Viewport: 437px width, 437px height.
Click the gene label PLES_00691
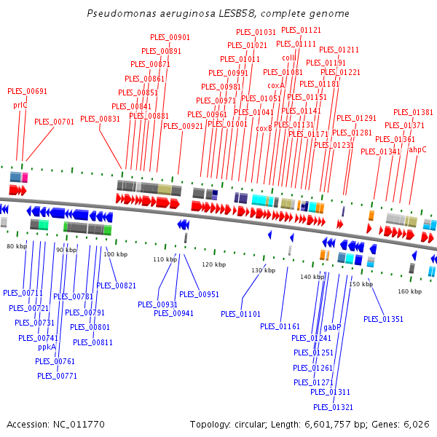tap(27, 92)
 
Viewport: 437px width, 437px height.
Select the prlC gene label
tap(20, 105)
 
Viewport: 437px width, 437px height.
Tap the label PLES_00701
tap(54, 122)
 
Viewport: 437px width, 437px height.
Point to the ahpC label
tap(417, 149)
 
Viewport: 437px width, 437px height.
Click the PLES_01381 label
tap(413, 112)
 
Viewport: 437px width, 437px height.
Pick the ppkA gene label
tap(47, 347)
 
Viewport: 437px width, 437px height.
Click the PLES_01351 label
tap(383, 319)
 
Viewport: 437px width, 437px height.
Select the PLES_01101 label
tap(240, 314)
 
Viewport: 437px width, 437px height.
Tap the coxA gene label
tap(276, 85)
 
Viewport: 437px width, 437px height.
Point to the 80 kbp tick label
tap(17, 247)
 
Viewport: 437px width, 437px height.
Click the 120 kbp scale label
tap(213, 264)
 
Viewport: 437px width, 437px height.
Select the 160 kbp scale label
tap(410, 291)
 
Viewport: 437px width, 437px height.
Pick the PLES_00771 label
tap(57, 376)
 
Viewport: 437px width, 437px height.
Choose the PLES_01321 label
tap(333, 407)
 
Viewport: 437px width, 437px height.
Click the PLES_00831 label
tap(100, 119)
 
